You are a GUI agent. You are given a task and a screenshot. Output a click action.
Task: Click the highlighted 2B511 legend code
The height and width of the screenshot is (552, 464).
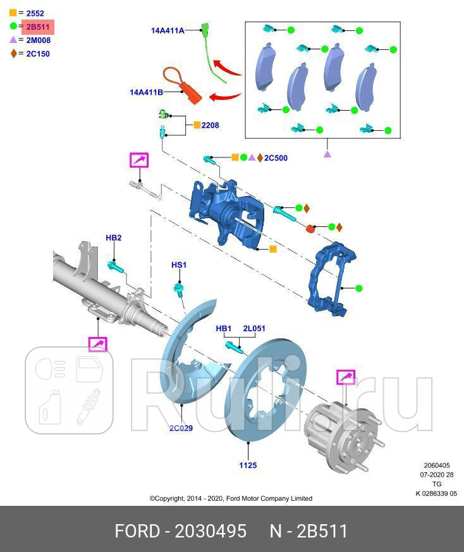coord(38,27)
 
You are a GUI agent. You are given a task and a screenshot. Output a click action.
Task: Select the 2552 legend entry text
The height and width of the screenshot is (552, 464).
coord(35,13)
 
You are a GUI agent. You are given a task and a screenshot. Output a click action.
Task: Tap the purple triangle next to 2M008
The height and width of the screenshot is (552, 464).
coord(13,40)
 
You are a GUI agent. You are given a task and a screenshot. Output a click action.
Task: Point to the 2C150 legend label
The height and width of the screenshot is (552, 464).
coord(38,54)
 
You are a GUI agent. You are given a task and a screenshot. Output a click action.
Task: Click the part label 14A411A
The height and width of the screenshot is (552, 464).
coord(168,30)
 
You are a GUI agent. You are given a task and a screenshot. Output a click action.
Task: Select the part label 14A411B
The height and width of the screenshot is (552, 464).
coord(147,92)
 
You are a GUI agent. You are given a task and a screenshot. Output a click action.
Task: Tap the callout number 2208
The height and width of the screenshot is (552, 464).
coord(210,125)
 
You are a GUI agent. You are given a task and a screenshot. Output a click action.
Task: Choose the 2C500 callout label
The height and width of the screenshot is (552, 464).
coord(276,158)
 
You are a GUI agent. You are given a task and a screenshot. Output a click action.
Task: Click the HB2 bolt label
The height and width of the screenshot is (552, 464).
coord(113,238)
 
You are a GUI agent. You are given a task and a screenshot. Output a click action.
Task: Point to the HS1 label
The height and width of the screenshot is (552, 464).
coord(179,264)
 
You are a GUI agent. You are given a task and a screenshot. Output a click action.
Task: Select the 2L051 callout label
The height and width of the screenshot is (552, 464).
coord(254,328)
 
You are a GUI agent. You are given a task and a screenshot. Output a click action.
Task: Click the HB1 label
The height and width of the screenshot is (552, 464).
coord(224,328)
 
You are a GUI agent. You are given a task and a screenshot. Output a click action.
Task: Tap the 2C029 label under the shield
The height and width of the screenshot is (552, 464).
coord(181,428)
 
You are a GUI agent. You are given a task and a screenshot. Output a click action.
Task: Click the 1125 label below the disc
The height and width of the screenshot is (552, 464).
coord(248,465)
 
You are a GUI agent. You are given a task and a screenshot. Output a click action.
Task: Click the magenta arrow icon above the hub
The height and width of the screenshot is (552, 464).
coord(346,377)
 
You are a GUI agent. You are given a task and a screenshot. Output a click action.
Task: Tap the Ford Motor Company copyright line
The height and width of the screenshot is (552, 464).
coord(231,498)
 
